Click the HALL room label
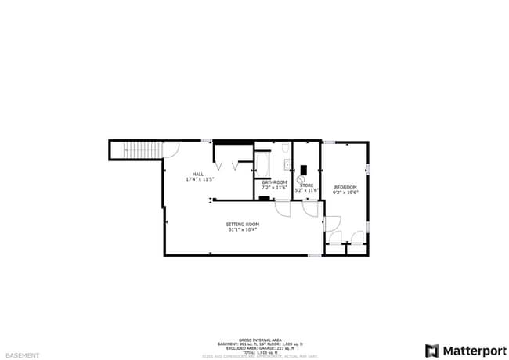tap(200, 174)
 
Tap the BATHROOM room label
tap(273, 182)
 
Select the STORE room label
tap(306, 185)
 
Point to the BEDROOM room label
tap(345, 187)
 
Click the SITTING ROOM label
tap(244, 225)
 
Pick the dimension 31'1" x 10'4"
tap(244, 230)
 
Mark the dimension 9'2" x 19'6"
tap(345, 193)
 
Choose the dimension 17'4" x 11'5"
tap(200, 179)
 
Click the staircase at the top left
tap(137, 149)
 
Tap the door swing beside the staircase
tap(171, 148)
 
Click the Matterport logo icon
tap(431, 350)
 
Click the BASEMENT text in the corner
tap(25, 354)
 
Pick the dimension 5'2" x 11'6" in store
tap(306, 191)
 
